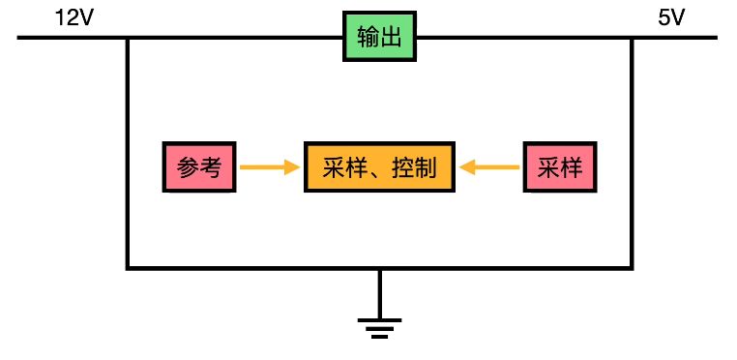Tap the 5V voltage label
[671, 18]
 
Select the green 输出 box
[379, 39]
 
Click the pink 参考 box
[200, 168]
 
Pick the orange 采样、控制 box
[380, 168]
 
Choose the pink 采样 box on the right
[560, 168]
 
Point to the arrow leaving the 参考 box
[269, 168]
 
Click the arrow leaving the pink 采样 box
[490, 168]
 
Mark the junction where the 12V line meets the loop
[128, 39]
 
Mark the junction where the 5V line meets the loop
[633, 39]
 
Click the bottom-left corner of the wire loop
[128, 267]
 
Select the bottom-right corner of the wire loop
[633, 267]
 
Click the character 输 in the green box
[368, 39]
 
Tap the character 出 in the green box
[391, 39]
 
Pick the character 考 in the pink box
[212, 168]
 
